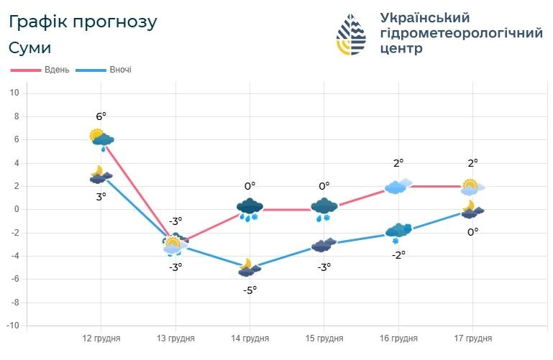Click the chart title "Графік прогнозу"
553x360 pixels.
[x=83, y=22]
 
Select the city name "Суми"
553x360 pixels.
[x=30, y=48]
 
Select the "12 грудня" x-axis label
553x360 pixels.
[x=101, y=338]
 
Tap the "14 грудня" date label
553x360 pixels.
[x=250, y=338]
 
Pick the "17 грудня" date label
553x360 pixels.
[x=472, y=338]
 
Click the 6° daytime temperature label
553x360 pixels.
[x=101, y=116]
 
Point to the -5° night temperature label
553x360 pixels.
[x=250, y=290]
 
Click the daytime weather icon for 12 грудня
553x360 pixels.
[x=101, y=138]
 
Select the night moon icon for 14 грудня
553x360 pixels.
[x=248, y=267]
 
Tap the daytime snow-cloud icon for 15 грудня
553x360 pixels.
[x=324, y=208]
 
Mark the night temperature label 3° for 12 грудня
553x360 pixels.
[x=101, y=196]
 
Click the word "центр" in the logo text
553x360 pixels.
[x=402, y=49]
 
